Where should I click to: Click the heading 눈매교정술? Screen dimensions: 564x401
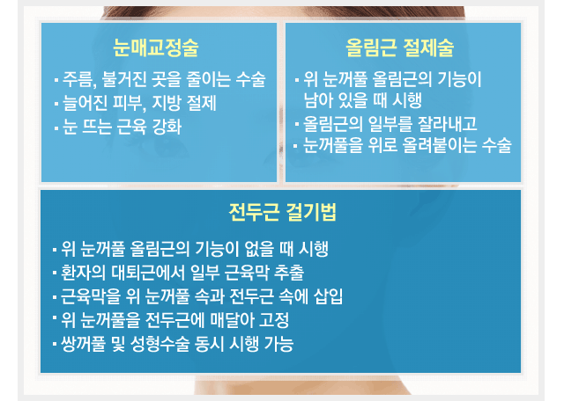tap(156, 47)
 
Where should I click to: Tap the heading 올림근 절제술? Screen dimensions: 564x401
tap(399, 47)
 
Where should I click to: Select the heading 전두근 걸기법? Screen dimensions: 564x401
tap(283, 212)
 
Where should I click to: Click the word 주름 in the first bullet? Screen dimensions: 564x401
tap(77, 79)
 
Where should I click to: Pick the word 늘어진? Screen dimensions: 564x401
tap(85, 103)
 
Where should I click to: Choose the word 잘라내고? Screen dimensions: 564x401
tap(448, 124)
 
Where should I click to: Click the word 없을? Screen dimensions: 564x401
tap(259, 249)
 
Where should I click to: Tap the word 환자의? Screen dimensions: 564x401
tap(84, 273)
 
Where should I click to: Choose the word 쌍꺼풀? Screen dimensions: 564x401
tap(83, 344)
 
